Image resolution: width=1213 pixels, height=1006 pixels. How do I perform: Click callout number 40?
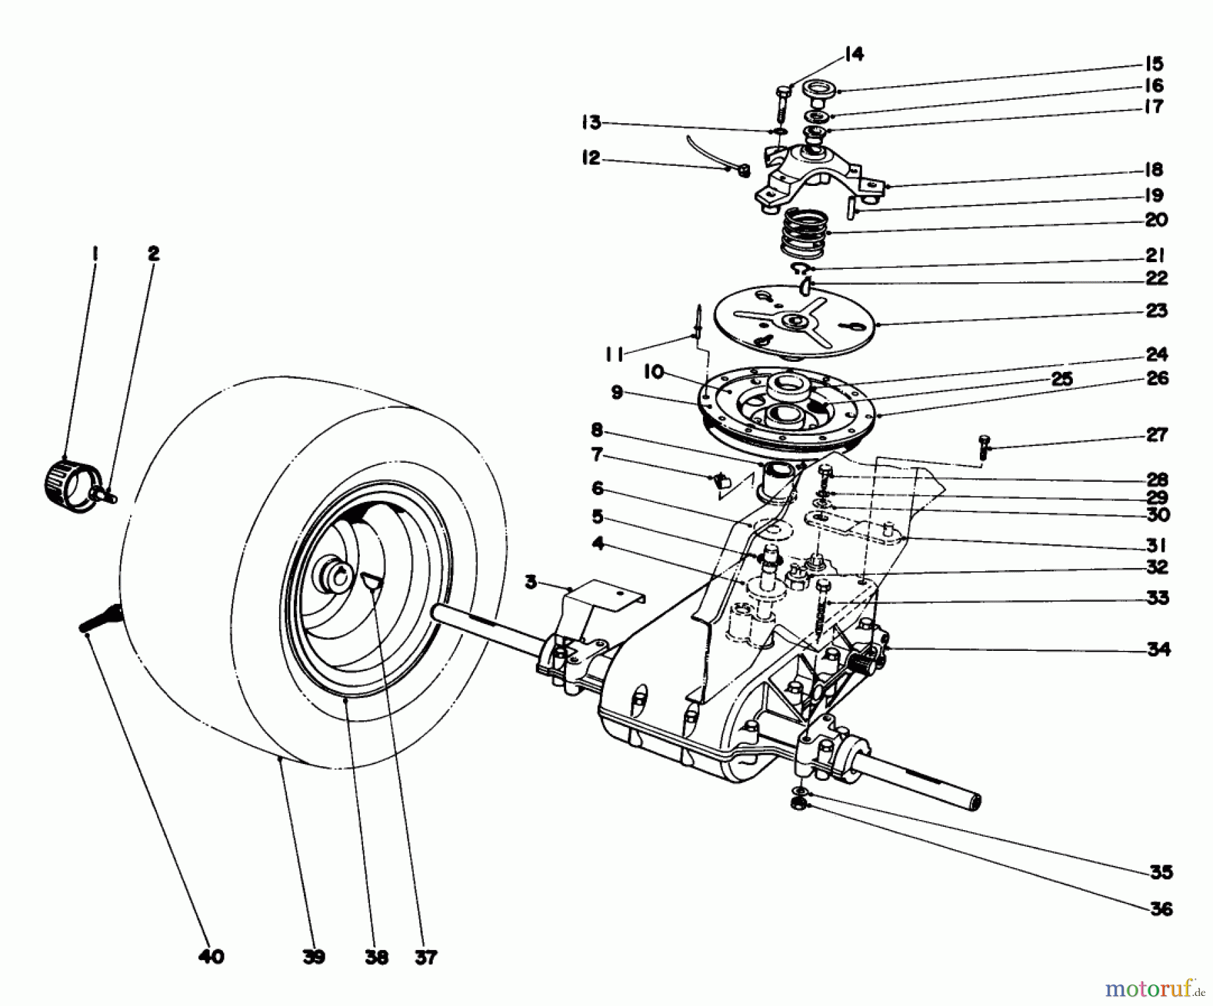[211, 956]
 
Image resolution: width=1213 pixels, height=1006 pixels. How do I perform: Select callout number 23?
[1156, 311]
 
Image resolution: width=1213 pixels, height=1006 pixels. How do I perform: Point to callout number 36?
[1160, 909]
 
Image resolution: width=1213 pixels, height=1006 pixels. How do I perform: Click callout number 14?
[853, 54]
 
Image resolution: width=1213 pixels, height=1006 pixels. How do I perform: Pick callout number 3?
[531, 581]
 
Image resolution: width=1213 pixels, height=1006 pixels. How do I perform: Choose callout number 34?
[1159, 650]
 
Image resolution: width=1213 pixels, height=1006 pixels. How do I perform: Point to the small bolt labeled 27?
[983, 447]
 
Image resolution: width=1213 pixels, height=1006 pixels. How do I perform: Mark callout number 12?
[591, 158]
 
